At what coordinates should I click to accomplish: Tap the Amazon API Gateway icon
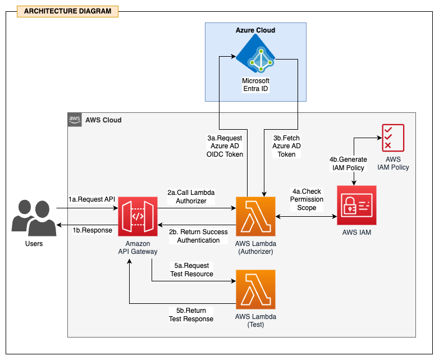click(x=138, y=217)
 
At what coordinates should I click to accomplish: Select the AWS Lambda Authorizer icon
click(x=256, y=217)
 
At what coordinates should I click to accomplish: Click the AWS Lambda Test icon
click(x=256, y=289)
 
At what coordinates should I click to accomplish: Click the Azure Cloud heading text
click(x=255, y=30)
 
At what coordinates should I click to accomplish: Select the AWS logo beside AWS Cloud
click(x=75, y=120)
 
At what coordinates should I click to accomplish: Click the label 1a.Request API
click(x=92, y=199)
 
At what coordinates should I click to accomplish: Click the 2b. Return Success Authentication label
click(x=198, y=236)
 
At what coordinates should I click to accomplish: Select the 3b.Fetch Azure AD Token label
click(x=287, y=146)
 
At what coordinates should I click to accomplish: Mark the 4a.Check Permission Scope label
click(x=307, y=199)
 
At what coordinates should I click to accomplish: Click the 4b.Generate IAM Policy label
click(x=348, y=163)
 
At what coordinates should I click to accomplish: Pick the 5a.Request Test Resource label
click(x=191, y=270)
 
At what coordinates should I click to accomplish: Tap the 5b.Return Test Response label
click(x=191, y=315)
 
